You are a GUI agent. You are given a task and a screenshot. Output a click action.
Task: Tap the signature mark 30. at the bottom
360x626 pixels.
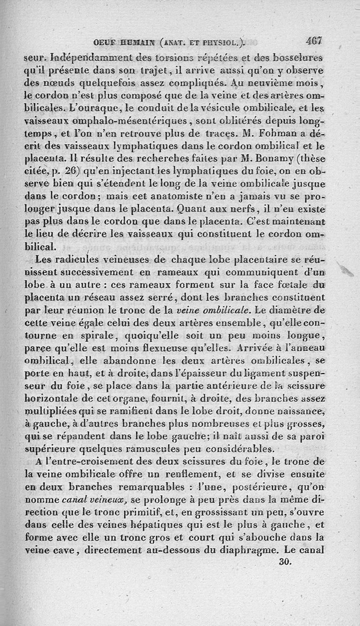pos(285,562)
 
